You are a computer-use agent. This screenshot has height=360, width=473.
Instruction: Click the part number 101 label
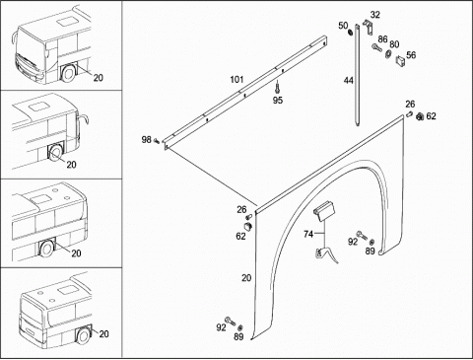(236, 80)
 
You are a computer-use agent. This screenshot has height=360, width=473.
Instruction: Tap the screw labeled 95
(277, 88)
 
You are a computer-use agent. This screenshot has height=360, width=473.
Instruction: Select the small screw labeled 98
(157, 141)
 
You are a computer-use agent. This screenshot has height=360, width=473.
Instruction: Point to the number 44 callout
(349, 80)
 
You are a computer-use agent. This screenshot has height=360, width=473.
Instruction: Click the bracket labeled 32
(368, 27)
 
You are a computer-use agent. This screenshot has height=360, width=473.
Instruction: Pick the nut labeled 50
(350, 33)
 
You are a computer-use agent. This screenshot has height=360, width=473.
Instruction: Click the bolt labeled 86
(376, 47)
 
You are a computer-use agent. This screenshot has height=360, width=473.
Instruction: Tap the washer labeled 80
(388, 54)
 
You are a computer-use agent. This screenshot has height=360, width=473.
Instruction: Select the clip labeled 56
(400, 60)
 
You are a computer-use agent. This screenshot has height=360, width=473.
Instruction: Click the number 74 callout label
(308, 234)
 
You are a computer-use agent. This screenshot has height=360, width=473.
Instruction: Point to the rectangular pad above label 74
(324, 210)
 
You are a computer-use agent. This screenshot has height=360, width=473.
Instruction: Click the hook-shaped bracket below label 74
(326, 254)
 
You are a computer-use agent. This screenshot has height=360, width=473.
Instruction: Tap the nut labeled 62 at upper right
(420, 116)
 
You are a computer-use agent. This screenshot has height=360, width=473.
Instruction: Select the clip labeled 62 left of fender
(248, 226)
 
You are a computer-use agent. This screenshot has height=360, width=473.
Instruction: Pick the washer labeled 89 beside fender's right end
(372, 243)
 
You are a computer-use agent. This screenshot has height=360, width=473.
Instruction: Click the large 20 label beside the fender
(246, 278)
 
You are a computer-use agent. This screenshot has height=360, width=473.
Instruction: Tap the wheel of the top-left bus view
(69, 73)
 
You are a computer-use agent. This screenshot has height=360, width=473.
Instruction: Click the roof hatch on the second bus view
(36, 107)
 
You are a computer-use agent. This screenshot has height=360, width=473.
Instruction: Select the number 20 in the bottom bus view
(103, 334)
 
